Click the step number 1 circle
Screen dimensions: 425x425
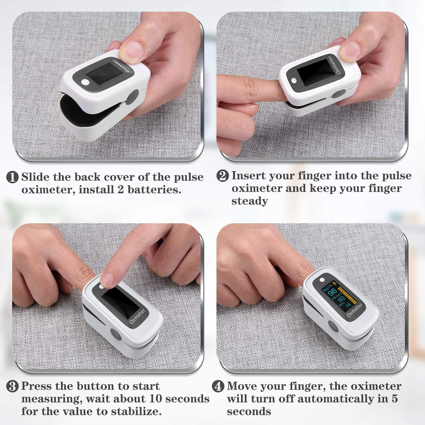coord(12,177)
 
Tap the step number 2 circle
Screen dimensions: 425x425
coord(222,176)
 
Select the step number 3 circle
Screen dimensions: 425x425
coord(12,386)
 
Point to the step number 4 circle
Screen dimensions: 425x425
coord(218,386)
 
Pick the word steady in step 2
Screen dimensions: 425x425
coord(249,201)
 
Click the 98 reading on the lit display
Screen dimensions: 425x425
coord(332,292)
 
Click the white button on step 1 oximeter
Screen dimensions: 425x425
coord(85,82)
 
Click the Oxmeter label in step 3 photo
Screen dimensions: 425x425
coord(137,316)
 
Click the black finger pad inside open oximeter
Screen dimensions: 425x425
coord(82,112)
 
